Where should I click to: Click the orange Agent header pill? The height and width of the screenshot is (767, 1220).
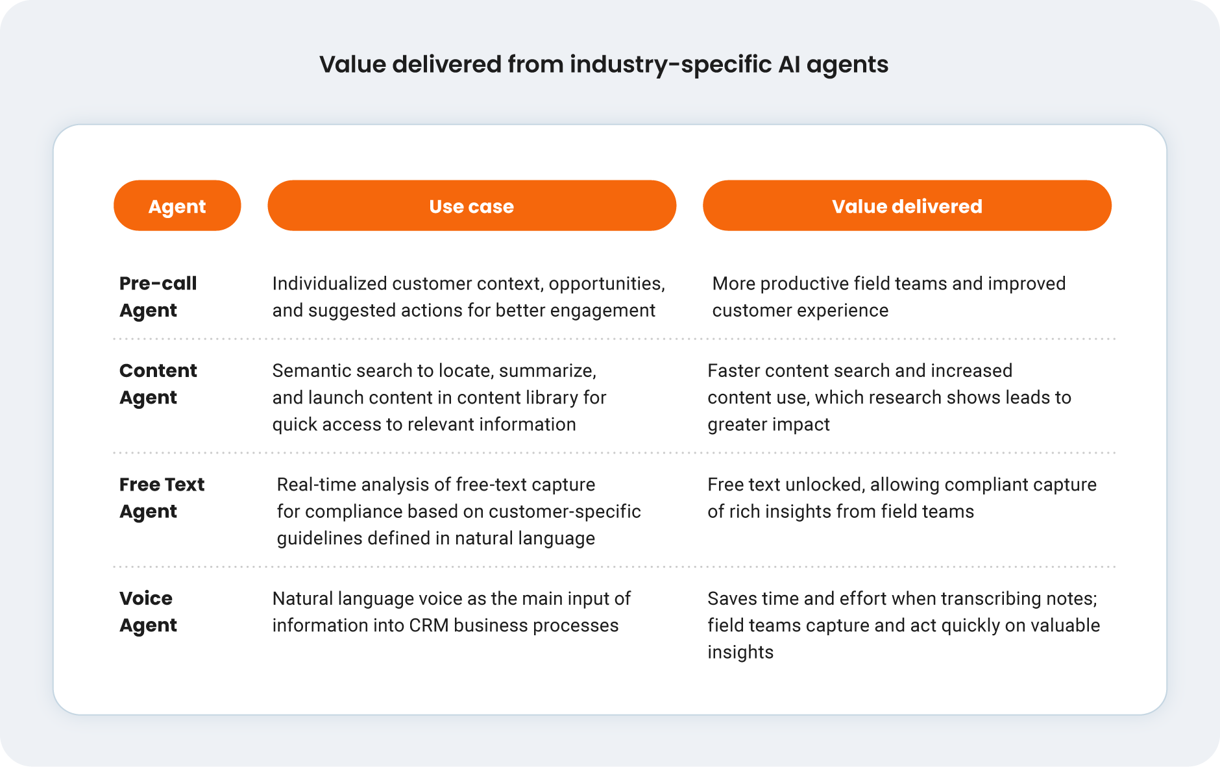point(177,206)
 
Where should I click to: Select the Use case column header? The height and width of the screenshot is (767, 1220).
point(472,206)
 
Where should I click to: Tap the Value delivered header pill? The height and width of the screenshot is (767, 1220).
point(907,206)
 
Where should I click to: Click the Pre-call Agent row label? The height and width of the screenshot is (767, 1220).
point(158,297)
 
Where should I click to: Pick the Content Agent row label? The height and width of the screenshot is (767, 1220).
point(158,383)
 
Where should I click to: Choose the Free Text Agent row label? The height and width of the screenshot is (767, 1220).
point(162,498)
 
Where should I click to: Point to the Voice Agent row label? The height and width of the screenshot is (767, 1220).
point(148,611)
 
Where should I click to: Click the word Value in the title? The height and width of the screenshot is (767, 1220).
point(352,64)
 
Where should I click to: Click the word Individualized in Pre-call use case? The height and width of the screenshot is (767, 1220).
point(329,284)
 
